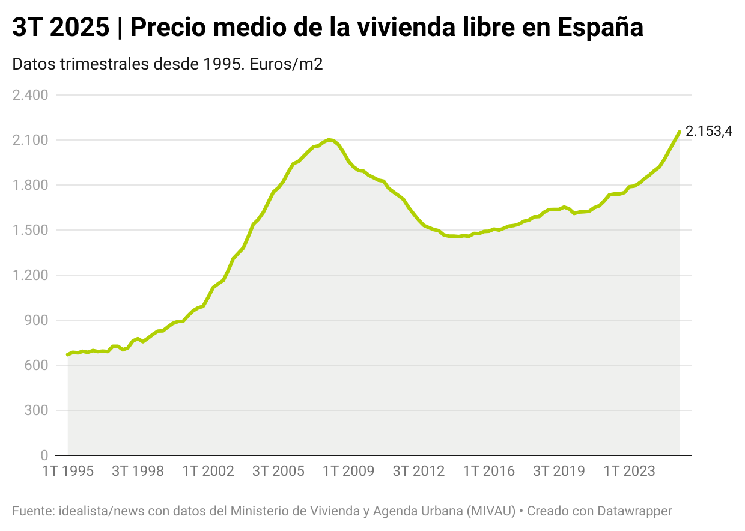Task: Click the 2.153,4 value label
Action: pyautogui.click(x=709, y=132)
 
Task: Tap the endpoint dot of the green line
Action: pyautogui.click(x=680, y=132)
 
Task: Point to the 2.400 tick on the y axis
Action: pyautogui.click(x=30, y=95)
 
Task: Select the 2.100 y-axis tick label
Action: pyautogui.click(x=30, y=140)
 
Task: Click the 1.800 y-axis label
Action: pyautogui.click(x=30, y=185)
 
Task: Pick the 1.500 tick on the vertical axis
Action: pyautogui.click(x=30, y=230)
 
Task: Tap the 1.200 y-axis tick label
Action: pyautogui.click(x=30, y=275)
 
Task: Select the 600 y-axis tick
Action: pyautogui.click(x=36, y=365)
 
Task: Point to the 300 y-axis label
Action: pyautogui.click(x=36, y=410)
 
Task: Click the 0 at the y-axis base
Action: pyautogui.click(x=44, y=455)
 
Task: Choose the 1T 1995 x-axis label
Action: pyautogui.click(x=68, y=471)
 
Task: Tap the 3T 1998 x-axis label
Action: pyautogui.click(x=138, y=471)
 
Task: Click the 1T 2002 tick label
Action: pyautogui.click(x=208, y=471)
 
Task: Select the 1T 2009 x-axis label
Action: pyautogui.click(x=348, y=471)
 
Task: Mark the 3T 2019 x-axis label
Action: pyautogui.click(x=559, y=471)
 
